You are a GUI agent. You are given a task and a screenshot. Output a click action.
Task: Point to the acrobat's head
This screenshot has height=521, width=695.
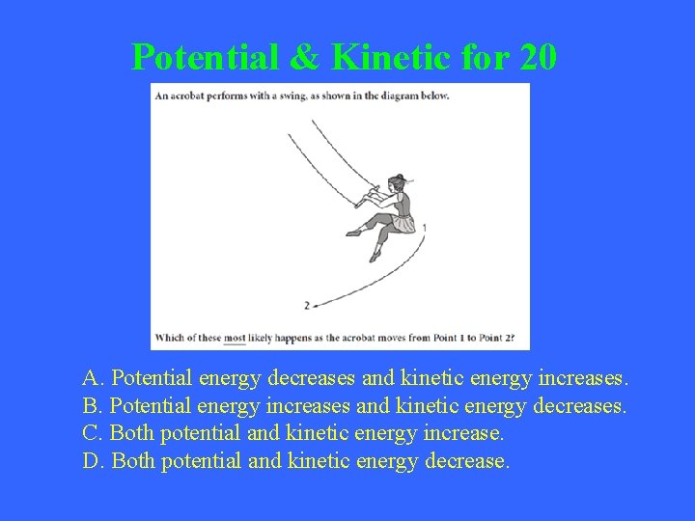coord(399,183)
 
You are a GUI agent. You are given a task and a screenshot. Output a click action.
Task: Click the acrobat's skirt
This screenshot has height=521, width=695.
coord(401,224)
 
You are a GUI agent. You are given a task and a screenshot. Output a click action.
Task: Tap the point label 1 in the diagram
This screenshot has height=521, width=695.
coord(425,228)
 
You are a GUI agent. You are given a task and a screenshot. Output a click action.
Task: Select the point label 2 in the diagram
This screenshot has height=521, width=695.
coord(306,305)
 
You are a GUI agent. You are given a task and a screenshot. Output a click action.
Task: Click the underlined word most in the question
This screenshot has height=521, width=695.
coord(235,340)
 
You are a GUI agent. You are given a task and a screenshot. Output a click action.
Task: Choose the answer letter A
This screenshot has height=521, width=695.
coord(92,376)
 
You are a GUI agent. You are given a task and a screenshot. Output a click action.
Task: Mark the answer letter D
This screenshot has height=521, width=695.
coord(92,461)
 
